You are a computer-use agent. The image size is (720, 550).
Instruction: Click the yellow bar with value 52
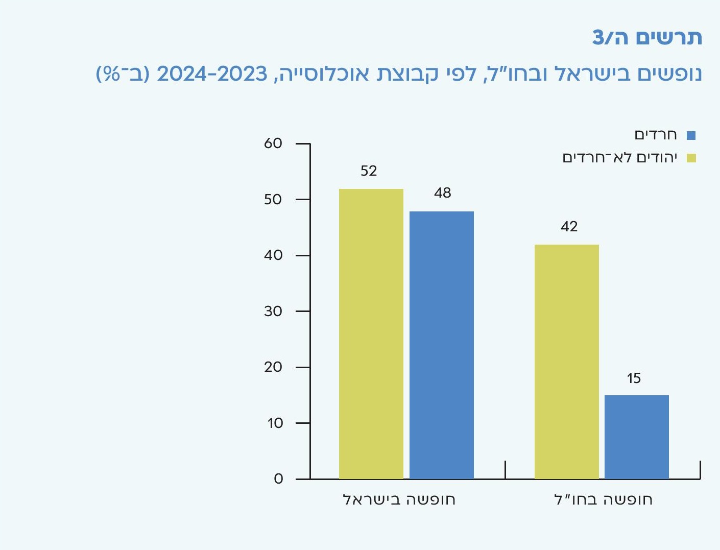point(371,334)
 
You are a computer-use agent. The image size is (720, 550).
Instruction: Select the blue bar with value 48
point(442,345)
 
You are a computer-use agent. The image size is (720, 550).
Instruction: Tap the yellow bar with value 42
point(567,362)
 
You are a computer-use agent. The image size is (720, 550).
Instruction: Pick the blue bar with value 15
point(637,437)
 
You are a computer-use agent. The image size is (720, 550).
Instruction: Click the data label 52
point(369,171)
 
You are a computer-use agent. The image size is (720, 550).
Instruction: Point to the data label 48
point(443,193)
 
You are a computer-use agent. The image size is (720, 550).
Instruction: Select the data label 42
point(569,227)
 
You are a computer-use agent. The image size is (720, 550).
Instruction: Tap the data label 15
point(634,378)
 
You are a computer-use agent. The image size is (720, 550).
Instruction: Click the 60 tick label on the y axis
point(273,144)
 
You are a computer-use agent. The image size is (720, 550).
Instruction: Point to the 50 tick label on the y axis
point(273,200)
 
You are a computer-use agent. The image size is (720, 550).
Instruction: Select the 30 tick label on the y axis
point(273,312)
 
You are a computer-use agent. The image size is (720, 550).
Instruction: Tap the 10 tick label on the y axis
point(274,423)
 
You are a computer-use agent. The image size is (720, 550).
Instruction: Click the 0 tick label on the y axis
point(278,479)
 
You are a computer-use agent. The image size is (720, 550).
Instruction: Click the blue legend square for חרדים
point(691,135)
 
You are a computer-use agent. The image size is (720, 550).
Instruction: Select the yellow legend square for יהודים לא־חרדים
point(691,158)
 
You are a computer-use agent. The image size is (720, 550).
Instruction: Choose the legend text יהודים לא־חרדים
point(620,158)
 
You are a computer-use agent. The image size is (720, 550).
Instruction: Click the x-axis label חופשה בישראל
point(399,499)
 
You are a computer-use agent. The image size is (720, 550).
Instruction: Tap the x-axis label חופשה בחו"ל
point(603,499)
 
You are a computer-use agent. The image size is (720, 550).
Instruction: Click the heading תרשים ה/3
point(647,38)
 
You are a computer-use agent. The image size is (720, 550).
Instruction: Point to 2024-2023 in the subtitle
point(212,74)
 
